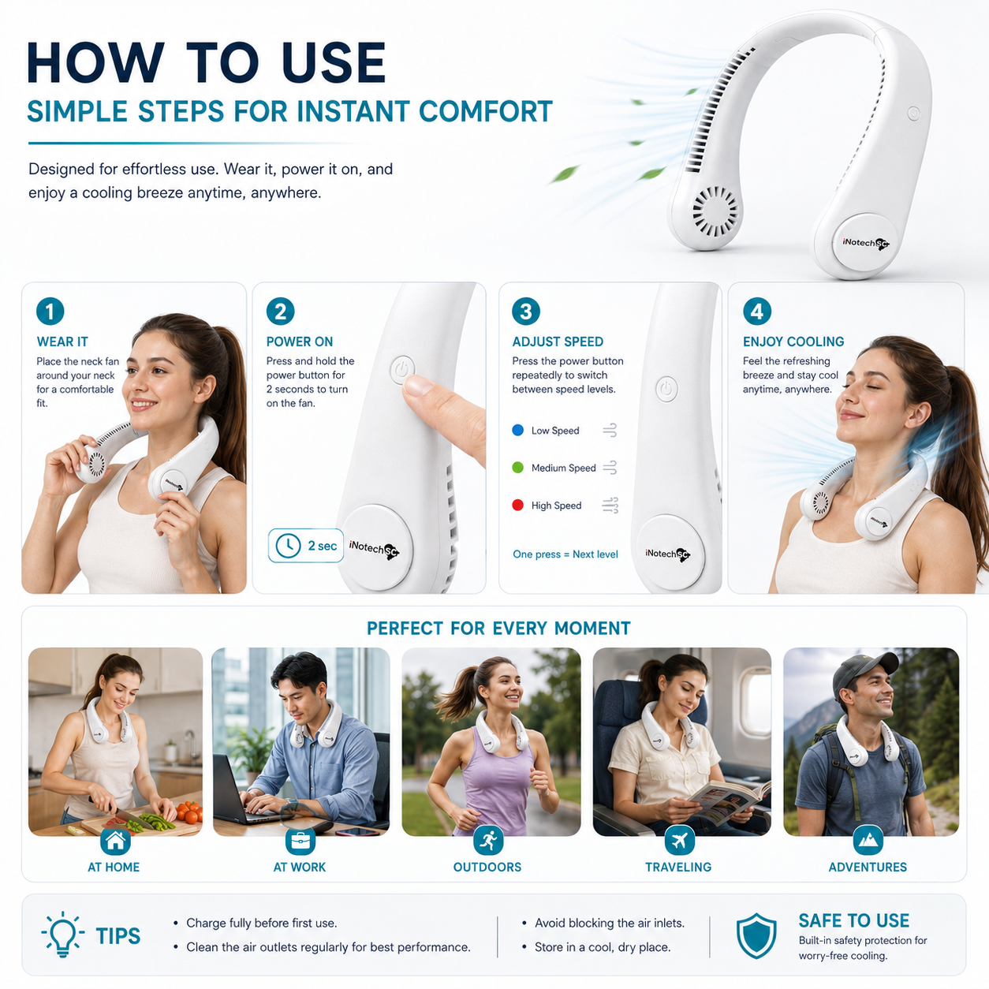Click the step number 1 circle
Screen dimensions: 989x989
click(x=50, y=311)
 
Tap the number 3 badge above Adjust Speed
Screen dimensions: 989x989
click(x=525, y=311)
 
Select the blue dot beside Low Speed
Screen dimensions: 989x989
click(x=518, y=430)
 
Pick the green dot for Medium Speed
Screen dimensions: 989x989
click(x=518, y=468)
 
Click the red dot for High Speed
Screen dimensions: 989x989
click(x=518, y=505)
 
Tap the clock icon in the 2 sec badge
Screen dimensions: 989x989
click(x=288, y=545)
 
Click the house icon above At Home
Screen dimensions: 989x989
click(x=115, y=840)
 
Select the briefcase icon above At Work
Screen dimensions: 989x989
click(x=300, y=840)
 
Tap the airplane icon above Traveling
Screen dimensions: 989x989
click(x=680, y=840)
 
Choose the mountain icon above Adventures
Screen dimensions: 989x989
click(x=868, y=840)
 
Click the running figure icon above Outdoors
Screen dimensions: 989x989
click(x=488, y=840)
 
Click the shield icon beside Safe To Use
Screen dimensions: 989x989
click(x=756, y=935)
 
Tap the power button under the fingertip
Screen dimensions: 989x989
click(x=402, y=369)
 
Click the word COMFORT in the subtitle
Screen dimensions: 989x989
click(x=486, y=111)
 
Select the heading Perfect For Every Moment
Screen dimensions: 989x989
click(x=498, y=629)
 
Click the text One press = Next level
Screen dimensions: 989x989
click(x=565, y=554)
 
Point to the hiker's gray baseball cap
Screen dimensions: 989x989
click(x=864, y=672)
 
